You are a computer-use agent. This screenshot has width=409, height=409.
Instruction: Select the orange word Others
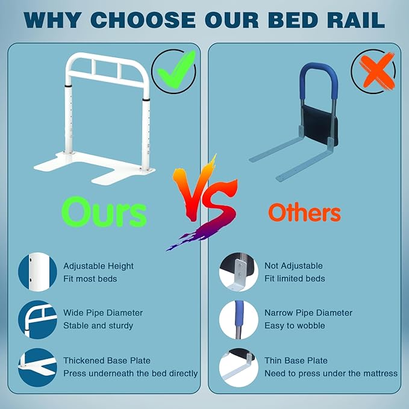point(304,212)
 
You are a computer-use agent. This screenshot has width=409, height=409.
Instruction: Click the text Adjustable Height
point(99,266)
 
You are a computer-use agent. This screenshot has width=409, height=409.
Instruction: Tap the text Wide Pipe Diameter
point(103,313)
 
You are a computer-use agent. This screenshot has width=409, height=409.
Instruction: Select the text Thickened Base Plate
point(107,360)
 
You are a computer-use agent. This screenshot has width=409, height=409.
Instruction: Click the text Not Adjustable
point(293,266)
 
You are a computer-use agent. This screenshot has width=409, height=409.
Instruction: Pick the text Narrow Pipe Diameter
point(308,313)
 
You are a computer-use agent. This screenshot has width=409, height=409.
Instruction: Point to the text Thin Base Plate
point(296,360)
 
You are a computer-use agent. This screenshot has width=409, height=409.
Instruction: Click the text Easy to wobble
point(295,325)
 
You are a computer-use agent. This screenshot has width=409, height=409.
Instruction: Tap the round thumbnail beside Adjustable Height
point(38,272)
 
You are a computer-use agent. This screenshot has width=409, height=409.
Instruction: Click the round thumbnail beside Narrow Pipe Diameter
point(239,319)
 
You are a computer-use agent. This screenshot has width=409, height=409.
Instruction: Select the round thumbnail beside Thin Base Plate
point(239,367)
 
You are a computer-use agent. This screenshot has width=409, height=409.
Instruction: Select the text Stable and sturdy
point(98,325)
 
